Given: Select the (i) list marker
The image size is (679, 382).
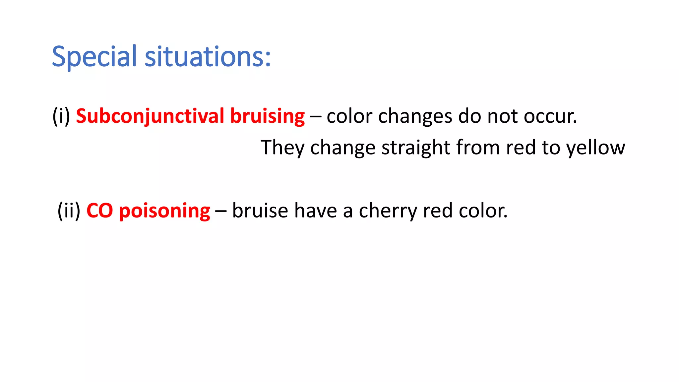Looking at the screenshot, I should [x=61, y=116].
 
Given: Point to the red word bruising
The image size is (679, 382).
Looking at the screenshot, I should [x=267, y=116].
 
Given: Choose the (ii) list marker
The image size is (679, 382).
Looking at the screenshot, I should [x=69, y=211].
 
